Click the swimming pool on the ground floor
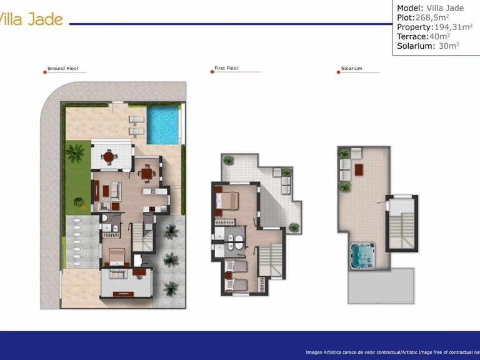point(162,124)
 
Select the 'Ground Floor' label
point(63,69)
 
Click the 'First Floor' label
point(226,68)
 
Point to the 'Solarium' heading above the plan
point(351,69)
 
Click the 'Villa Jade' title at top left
point(31,19)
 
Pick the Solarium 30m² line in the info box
point(428,46)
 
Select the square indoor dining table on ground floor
point(147,173)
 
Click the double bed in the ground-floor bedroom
point(116,256)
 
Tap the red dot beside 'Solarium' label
point(337,72)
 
